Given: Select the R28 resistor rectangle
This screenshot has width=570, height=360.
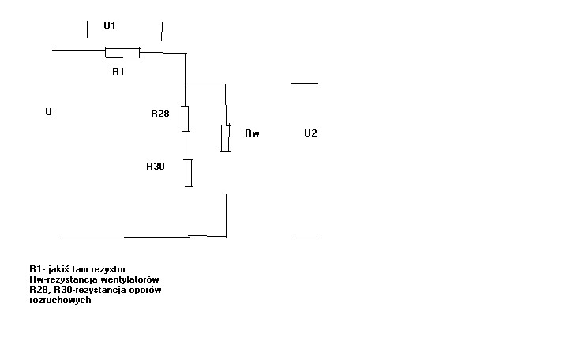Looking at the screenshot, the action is point(186,118).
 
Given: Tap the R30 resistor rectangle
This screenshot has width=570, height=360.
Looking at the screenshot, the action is point(189,173).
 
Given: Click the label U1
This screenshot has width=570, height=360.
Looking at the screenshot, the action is point(110,26).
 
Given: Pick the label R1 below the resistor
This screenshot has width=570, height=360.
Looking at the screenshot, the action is point(118,72).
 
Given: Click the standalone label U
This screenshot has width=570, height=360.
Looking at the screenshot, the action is point(48,111).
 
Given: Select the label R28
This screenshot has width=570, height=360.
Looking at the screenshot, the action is point(160,114).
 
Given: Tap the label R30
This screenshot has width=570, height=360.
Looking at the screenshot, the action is point(156,166).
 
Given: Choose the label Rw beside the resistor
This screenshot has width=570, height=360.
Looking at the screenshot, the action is point(252,133).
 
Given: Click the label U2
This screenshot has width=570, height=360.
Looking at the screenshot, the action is point(310,133).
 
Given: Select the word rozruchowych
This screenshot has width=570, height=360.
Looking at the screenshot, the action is point(60,300).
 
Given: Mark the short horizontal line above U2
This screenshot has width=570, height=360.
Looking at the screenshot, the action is point(305,83).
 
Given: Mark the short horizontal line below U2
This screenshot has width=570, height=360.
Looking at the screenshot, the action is point(305,238).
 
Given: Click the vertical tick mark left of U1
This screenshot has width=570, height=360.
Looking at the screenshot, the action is point(88,29).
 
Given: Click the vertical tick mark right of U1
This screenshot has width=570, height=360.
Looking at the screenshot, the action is point(162,32).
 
